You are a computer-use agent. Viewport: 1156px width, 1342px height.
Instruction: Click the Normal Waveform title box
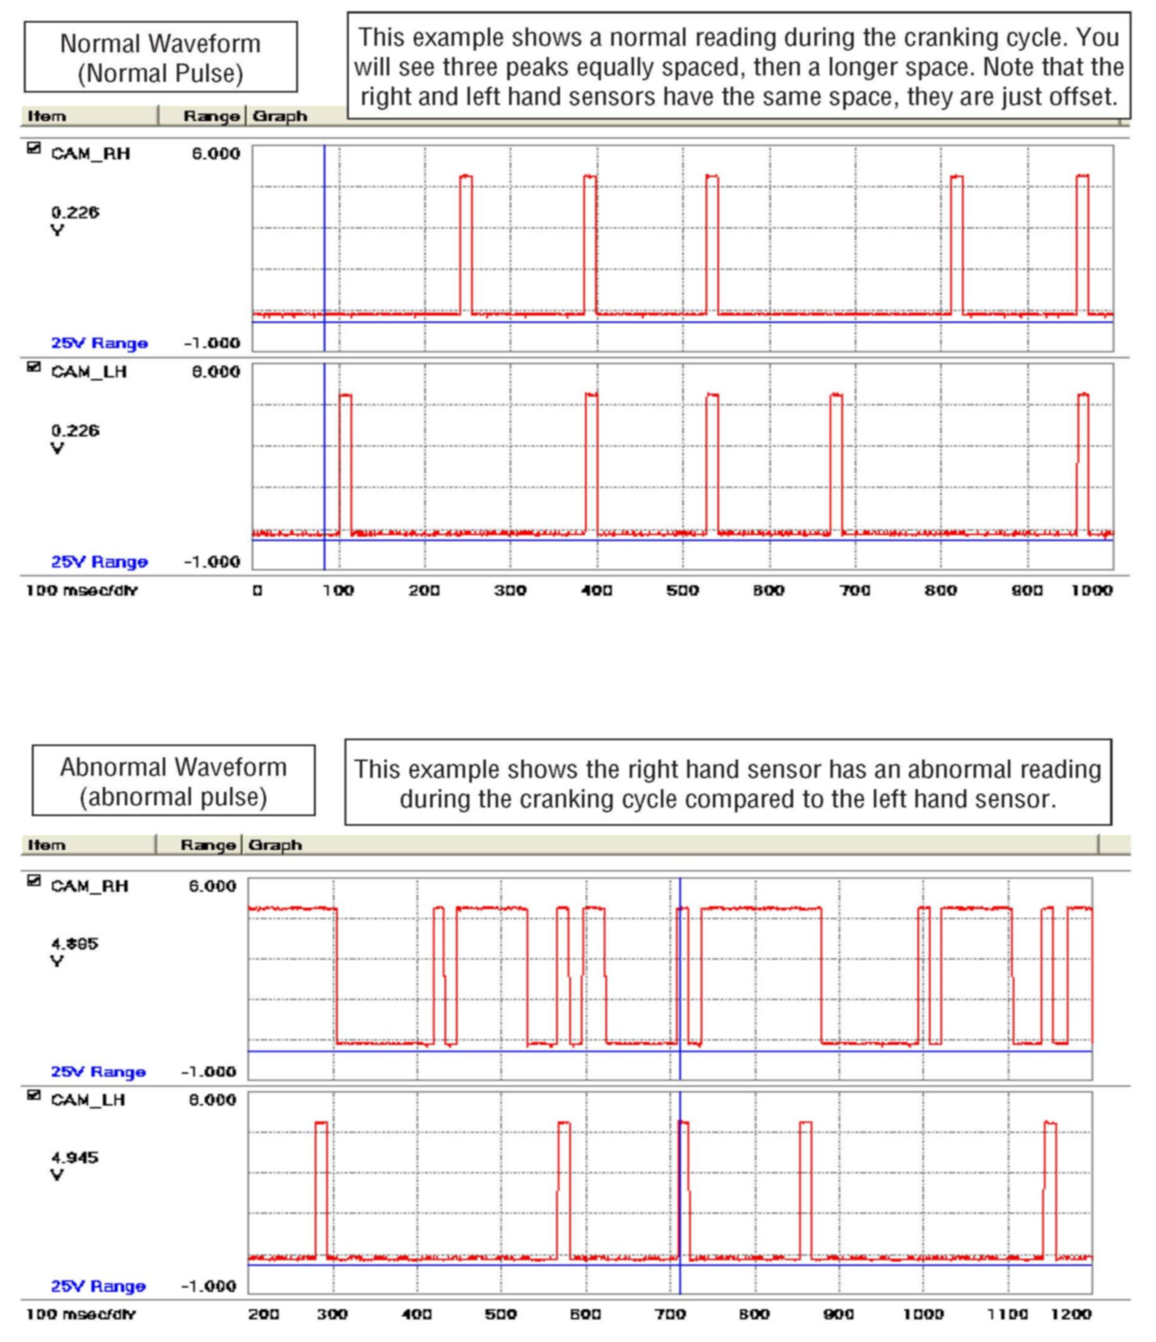tap(160, 58)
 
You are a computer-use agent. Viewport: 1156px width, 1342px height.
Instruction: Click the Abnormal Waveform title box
tap(174, 781)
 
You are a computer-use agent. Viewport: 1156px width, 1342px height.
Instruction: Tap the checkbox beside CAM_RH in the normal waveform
tap(34, 149)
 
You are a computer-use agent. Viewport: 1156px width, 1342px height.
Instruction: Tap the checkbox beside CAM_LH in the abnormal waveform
tap(34, 1095)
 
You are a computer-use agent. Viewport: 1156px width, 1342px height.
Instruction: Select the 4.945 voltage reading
tap(75, 1157)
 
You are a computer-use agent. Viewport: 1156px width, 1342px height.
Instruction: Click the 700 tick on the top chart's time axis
tap(855, 591)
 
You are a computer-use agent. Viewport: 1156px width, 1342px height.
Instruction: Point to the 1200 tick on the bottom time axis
tap(1070, 1314)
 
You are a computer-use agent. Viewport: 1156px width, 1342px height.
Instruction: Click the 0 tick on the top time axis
tap(258, 591)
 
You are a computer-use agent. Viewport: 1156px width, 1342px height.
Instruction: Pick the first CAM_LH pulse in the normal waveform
tap(345, 463)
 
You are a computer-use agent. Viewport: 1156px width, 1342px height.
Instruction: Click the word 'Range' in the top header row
tap(211, 117)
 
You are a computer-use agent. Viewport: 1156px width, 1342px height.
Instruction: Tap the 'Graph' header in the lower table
tap(275, 845)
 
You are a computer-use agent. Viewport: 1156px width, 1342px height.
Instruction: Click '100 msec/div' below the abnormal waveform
tap(81, 1314)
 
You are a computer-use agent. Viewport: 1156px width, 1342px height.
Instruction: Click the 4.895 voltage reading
tap(75, 944)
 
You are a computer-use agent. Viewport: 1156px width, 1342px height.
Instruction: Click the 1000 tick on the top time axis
tap(1092, 591)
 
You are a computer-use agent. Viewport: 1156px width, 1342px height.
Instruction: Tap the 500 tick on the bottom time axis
tap(501, 1314)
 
